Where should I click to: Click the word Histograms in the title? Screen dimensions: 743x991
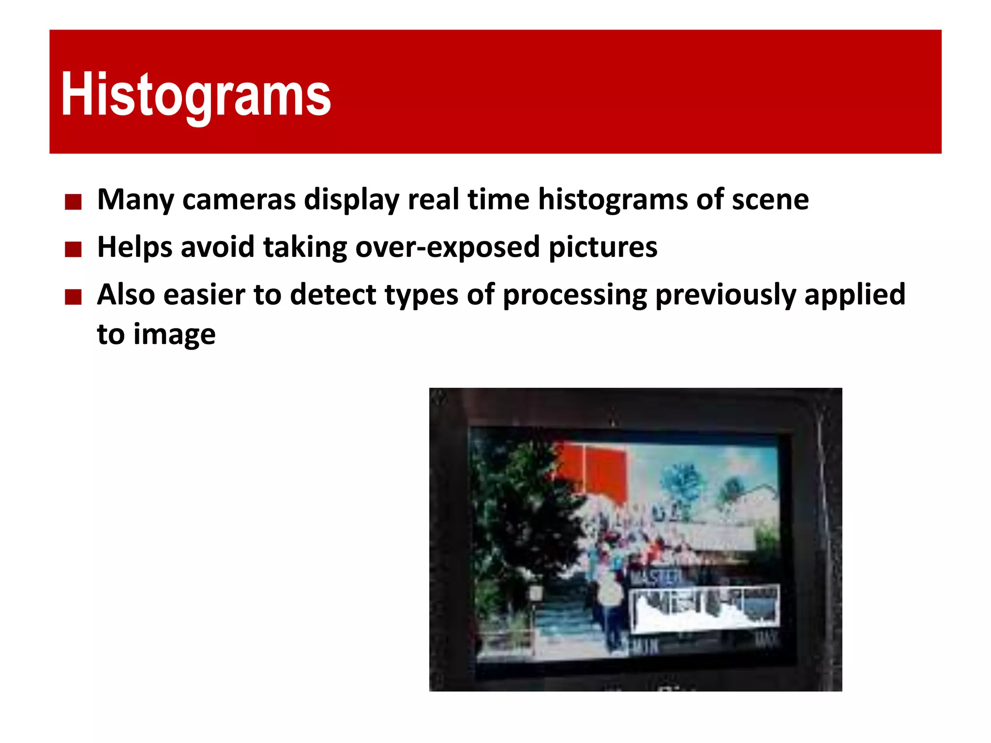pos(195,94)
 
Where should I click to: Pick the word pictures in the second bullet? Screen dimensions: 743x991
pos(603,247)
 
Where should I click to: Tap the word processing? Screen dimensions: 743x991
pos(575,295)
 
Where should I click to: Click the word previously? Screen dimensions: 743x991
pos(725,295)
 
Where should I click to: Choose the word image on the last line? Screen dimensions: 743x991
pos(175,334)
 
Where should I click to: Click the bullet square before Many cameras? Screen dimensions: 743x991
pos(73,202)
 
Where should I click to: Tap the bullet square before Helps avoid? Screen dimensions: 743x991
pos(73,250)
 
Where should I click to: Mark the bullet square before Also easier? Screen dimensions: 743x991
pos(73,297)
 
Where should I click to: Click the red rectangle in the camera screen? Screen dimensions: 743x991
pos(593,469)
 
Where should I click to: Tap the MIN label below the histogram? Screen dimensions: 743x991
pos(646,646)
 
